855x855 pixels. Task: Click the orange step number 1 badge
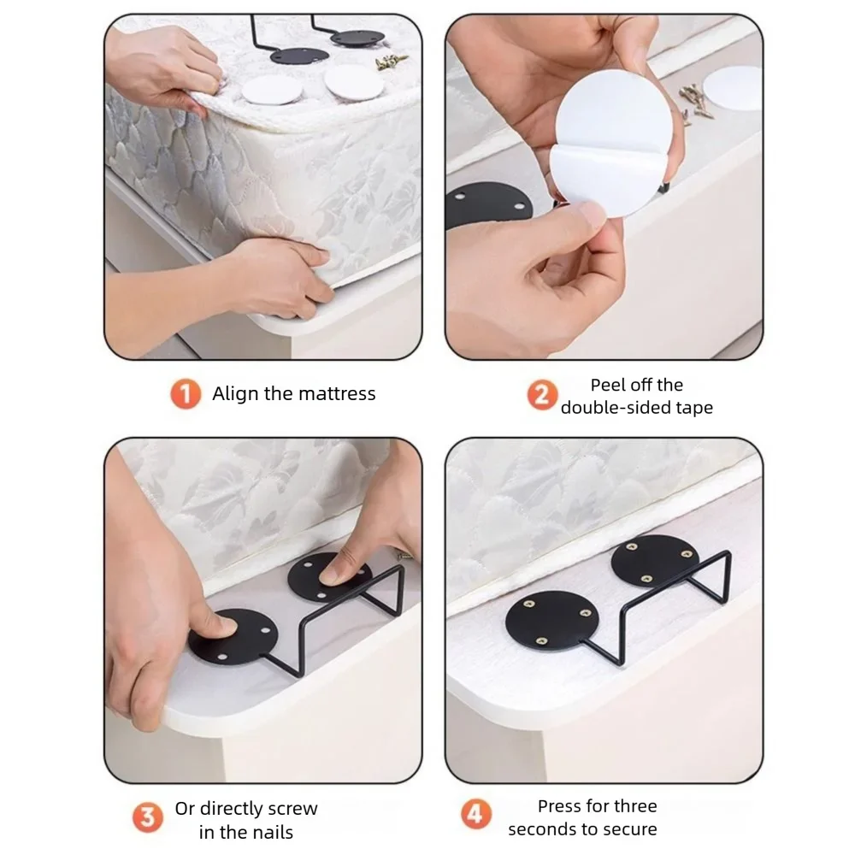click(x=186, y=393)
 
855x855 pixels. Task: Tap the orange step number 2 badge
click(x=542, y=395)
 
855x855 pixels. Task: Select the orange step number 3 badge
click(x=147, y=817)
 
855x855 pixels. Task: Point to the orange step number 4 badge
click(x=476, y=814)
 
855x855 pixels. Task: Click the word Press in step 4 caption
click(x=561, y=806)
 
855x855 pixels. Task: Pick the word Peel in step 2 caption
click(x=607, y=385)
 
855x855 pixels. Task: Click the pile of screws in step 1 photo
click(x=391, y=62)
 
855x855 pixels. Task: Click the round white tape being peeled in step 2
click(x=610, y=143)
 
